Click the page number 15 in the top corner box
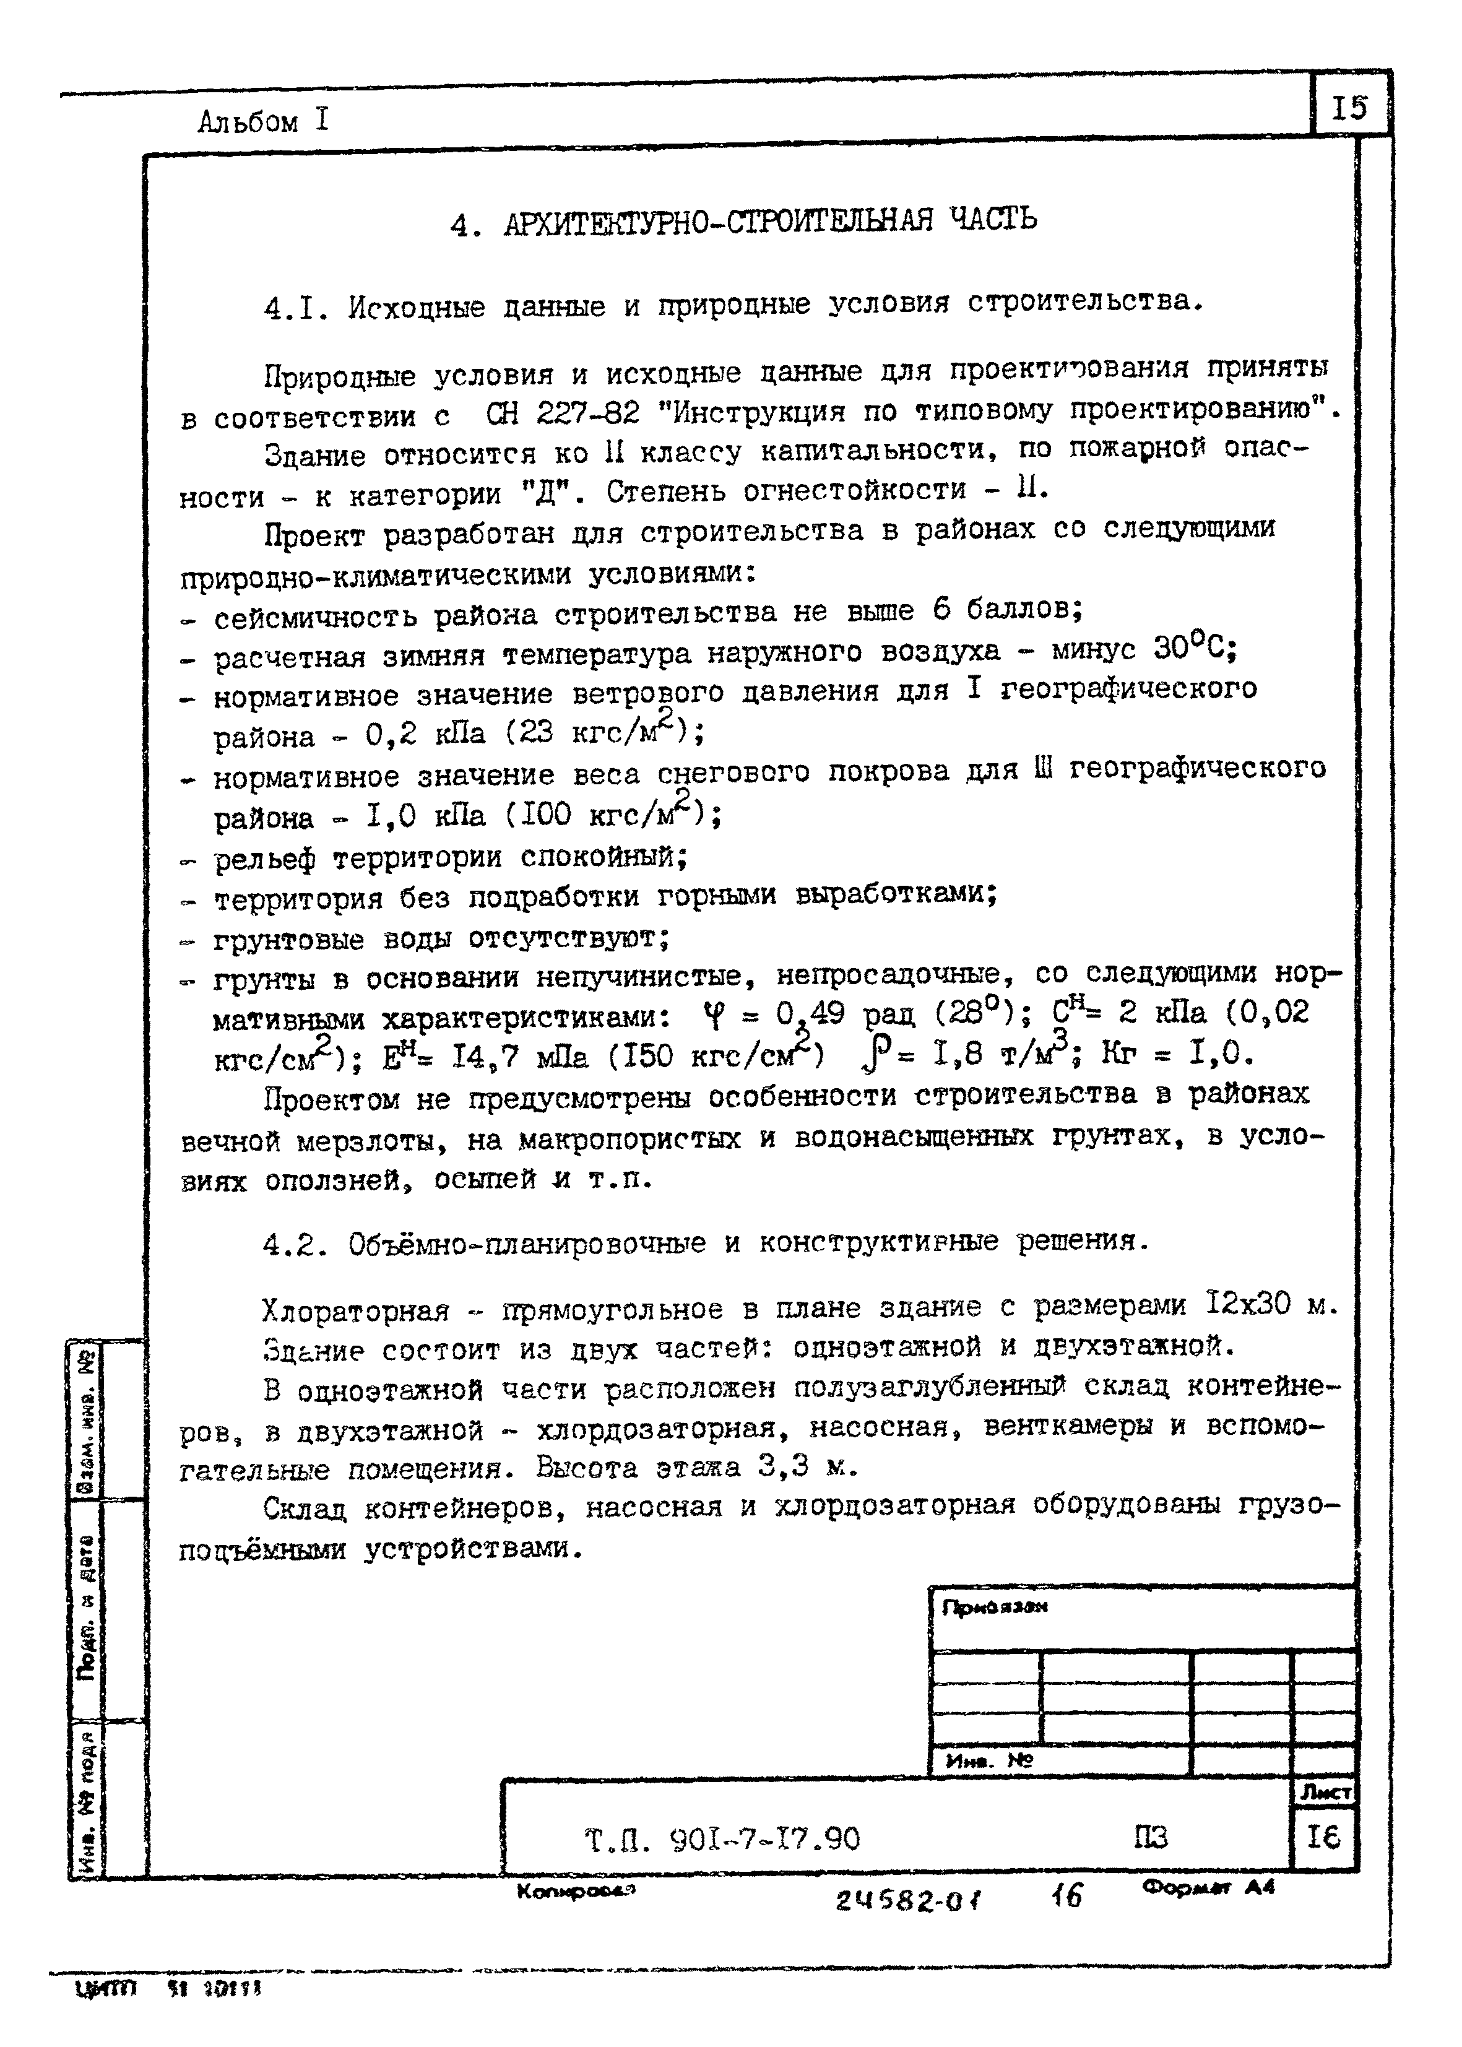(x=1349, y=108)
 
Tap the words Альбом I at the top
(x=264, y=121)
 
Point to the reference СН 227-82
(x=563, y=414)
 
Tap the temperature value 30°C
(x=1194, y=648)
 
